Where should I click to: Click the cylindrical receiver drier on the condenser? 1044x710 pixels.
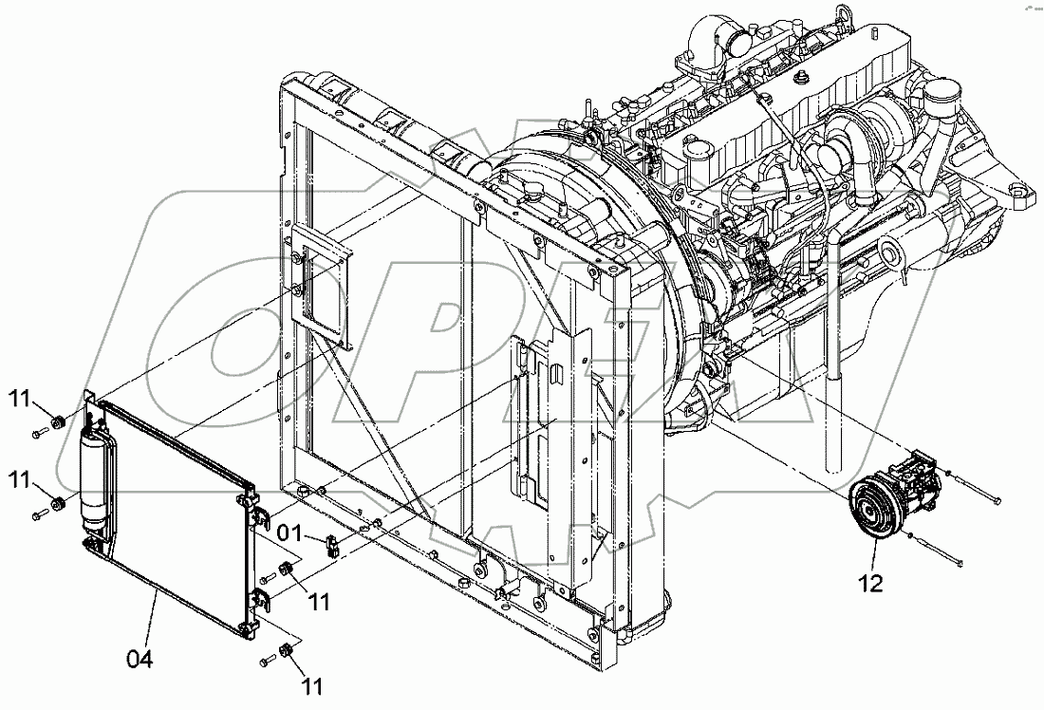coord(95,478)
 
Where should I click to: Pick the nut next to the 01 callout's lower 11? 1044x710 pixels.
coord(284,570)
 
